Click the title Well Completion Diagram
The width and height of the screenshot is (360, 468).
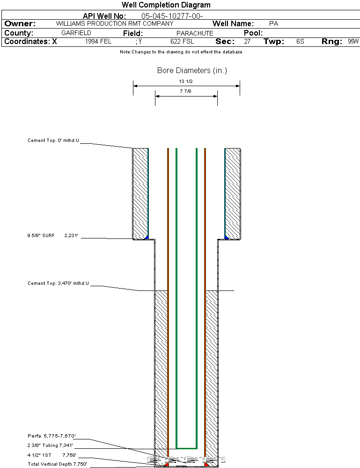[x=166, y=5]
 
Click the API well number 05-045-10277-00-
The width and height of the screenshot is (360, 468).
[x=172, y=16]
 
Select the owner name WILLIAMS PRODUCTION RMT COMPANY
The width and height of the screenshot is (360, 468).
[x=114, y=23]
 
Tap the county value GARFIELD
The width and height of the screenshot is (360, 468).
[x=76, y=33]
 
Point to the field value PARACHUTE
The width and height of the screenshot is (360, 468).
[x=195, y=33]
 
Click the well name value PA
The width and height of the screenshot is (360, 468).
[x=274, y=23]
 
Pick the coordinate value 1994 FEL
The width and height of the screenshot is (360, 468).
[x=98, y=42]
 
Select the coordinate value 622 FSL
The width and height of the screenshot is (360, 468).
[x=182, y=42]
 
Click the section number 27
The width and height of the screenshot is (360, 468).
[x=247, y=42]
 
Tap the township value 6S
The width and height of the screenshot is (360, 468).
[x=300, y=42]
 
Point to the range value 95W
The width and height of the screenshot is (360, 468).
[x=353, y=42]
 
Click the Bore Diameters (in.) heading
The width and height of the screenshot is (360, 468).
[x=192, y=71]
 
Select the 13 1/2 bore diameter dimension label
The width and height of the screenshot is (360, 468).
[x=186, y=82]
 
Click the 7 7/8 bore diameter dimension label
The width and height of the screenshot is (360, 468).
[x=186, y=91]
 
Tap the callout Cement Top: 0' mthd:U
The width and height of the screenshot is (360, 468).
[x=53, y=141]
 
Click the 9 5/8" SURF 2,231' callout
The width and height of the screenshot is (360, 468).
[x=52, y=236]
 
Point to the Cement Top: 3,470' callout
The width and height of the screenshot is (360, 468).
[x=58, y=283]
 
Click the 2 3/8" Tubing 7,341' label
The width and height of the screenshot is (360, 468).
[x=51, y=446]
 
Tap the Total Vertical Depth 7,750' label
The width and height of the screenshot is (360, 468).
[x=57, y=464]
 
